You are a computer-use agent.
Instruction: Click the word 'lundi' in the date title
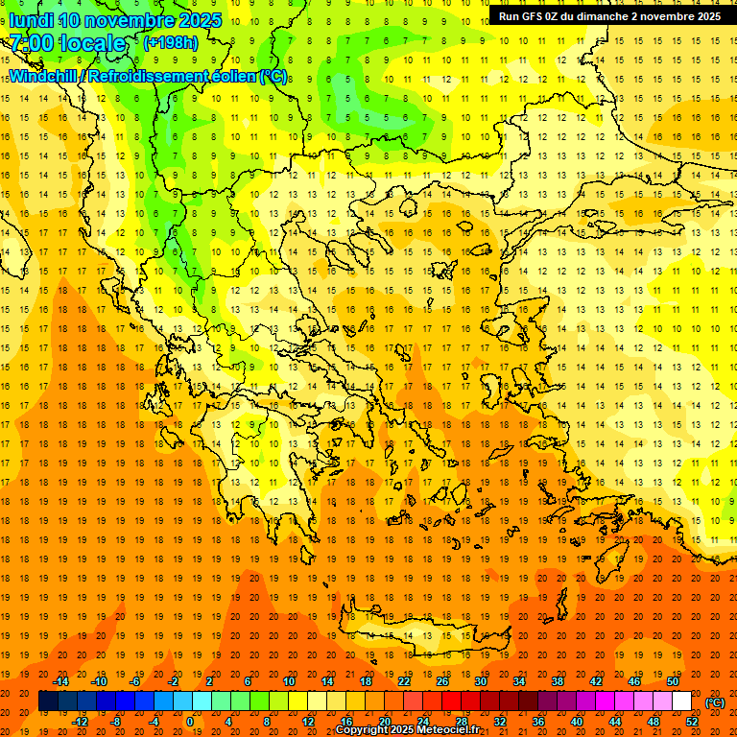pyautogui.click(x=31, y=20)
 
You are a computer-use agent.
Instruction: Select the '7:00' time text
pyautogui.click(x=31, y=43)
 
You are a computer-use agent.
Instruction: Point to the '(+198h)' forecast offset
pyautogui.click(x=170, y=43)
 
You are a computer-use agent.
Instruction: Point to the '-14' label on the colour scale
pyautogui.click(x=60, y=681)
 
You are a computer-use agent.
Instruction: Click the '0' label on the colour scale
pyautogui.click(x=190, y=722)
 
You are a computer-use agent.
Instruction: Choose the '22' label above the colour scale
pyautogui.click(x=404, y=681)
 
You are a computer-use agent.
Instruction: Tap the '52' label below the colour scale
pyautogui.click(x=692, y=722)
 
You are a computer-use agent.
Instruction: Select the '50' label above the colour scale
pyautogui.click(x=673, y=681)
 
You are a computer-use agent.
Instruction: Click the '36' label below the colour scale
pyautogui.click(x=538, y=722)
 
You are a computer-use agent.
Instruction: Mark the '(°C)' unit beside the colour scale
pyautogui.click(x=714, y=702)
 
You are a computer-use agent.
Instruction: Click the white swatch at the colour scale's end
pyautogui.click(x=682, y=701)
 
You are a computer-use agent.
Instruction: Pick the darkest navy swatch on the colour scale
pyautogui.click(x=48, y=701)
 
